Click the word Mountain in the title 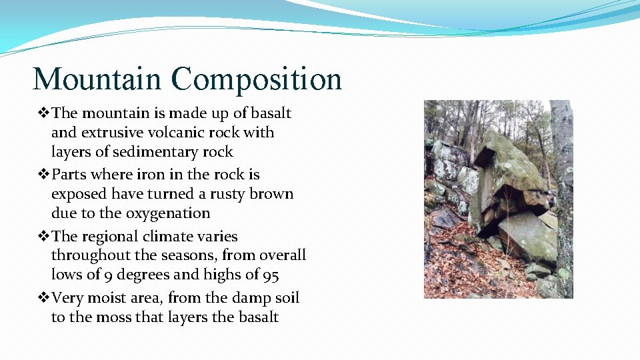coord(97,79)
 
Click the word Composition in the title coord(256,80)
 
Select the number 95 coord(270,275)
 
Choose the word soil coord(285,298)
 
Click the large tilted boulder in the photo coord(510,173)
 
